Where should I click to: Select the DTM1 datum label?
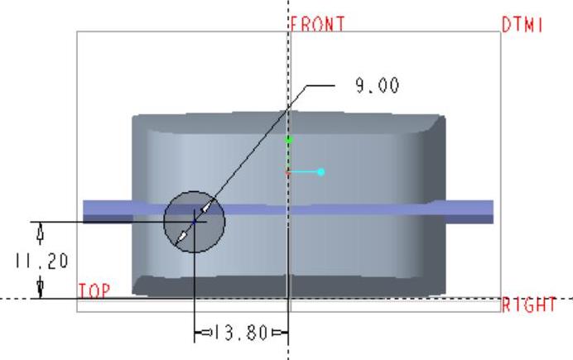[522, 26]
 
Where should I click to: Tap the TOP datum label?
[93, 291]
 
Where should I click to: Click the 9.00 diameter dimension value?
[378, 85]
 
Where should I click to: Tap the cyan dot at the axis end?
[320, 172]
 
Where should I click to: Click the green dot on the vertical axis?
[288, 141]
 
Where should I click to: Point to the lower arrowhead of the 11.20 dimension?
[39, 288]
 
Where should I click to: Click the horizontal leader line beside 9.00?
[320, 85]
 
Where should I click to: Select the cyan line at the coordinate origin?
[304, 172]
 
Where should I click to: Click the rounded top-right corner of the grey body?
[436, 124]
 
